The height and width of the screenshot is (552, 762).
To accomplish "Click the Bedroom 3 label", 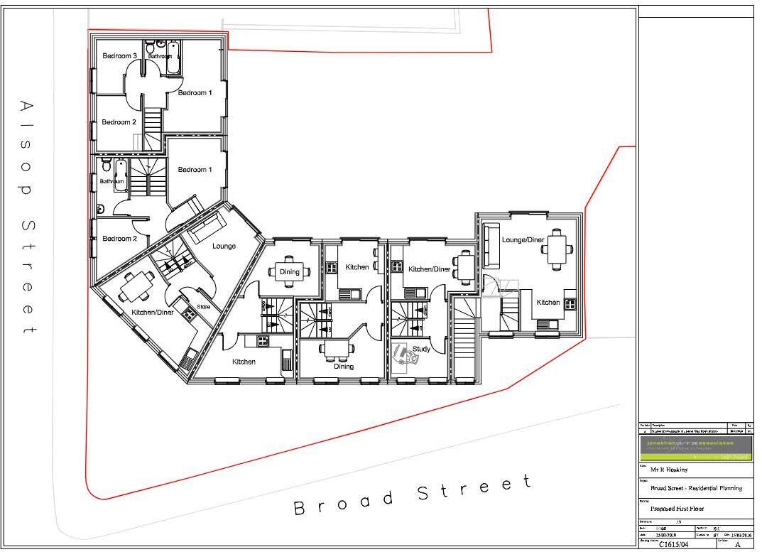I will click(x=119, y=56).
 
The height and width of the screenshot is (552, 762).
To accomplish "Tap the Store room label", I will click(x=204, y=307).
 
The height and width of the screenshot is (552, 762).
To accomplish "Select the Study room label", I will click(x=421, y=349).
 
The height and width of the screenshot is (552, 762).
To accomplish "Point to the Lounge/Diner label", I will click(x=523, y=240).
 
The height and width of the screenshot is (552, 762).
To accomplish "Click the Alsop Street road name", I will click(x=26, y=217).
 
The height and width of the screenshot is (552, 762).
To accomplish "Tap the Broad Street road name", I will click(x=412, y=495).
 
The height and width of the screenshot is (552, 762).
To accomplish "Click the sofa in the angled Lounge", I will click(x=204, y=227).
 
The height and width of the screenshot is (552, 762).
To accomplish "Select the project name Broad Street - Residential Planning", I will click(x=696, y=488).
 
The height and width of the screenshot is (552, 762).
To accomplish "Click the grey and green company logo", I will click(x=696, y=447).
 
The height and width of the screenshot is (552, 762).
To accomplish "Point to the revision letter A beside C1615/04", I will click(x=738, y=544).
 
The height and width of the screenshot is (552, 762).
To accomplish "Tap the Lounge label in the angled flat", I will click(x=224, y=246).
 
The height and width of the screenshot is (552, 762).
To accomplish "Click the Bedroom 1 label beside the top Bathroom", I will click(x=195, y=93).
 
